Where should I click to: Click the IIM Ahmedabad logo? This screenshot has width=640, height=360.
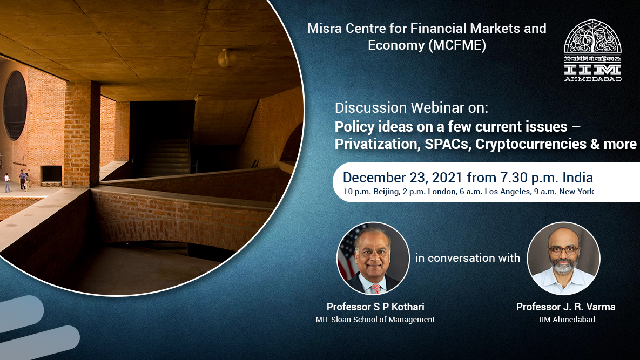pos(592,50)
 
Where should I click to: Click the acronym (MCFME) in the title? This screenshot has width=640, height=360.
pos(456,45)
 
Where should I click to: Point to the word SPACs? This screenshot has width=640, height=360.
pos(448,144)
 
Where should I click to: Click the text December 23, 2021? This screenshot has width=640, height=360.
pos(402,178)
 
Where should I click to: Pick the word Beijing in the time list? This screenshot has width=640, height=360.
pos(385,192)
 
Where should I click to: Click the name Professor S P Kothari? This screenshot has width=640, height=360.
pos(375,307)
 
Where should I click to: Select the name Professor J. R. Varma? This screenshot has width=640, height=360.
pos(565,307)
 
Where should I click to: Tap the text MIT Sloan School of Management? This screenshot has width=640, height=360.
pos(375,320)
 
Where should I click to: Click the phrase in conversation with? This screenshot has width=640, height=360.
pos(468,258)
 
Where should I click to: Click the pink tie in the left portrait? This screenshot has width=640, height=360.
pos(375,289)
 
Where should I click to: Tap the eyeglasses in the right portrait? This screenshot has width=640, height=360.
pos(563,250)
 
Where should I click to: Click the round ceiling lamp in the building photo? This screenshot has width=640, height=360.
pos(227,58)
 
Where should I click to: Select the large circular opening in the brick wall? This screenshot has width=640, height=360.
pos(15,105)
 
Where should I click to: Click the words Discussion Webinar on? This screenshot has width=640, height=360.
pos(412,108)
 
